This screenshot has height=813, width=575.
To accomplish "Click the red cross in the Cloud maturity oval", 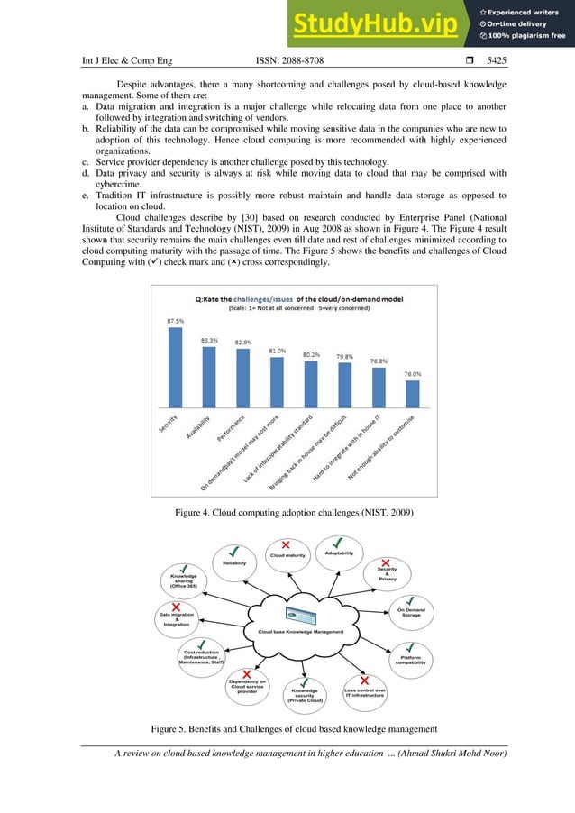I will pos(286,544).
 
